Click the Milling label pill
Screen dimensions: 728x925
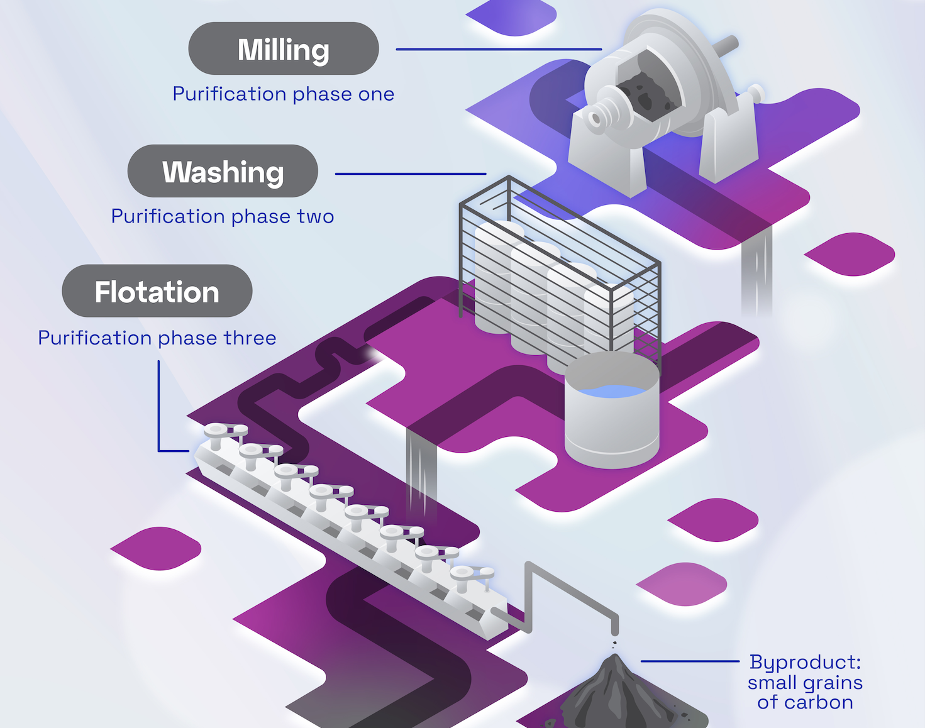284,49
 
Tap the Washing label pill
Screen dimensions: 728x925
223,172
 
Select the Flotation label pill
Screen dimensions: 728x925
157,291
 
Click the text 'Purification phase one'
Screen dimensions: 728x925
284,94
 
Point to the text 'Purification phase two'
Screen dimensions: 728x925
223,216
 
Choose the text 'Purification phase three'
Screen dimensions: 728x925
157,338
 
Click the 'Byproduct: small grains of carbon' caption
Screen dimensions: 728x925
805,682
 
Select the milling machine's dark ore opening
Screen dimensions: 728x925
645,91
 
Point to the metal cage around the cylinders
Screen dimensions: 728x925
560,270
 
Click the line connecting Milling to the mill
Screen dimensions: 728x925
499,49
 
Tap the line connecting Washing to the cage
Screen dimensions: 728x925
410,174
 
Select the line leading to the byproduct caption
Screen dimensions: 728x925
690,661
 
